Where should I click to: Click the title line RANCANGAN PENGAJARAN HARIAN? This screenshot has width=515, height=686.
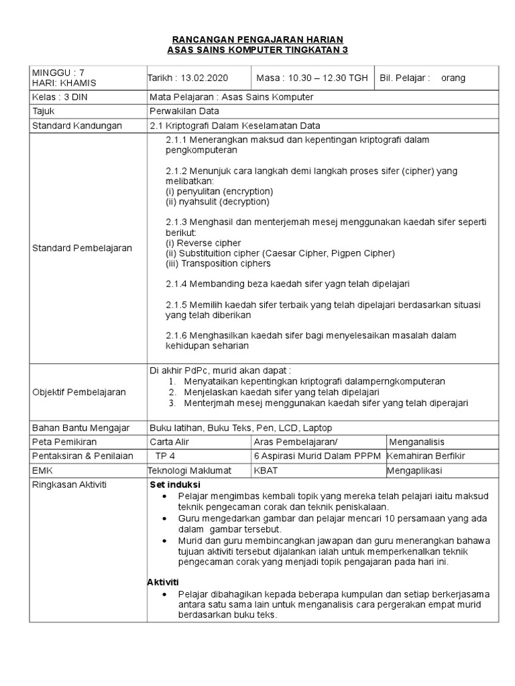[258, 40]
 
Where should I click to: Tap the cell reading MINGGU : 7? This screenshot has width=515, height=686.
[59, 72]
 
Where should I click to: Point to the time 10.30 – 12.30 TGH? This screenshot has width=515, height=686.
[312, 78]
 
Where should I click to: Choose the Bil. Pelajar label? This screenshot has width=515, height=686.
[406, 78]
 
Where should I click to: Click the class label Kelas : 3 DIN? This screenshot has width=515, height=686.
[60, 97]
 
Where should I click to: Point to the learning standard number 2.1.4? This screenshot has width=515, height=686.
[177, 284]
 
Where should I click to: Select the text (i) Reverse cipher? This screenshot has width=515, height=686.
[203, 243]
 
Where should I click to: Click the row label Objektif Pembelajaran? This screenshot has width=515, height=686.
[79, 392]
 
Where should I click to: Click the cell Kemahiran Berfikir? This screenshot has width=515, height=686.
[426, 456]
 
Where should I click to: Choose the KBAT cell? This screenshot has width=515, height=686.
[266, 470]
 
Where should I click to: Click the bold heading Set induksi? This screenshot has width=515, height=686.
[175, 484]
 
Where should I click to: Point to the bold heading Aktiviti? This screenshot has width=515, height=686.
[163, 581]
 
